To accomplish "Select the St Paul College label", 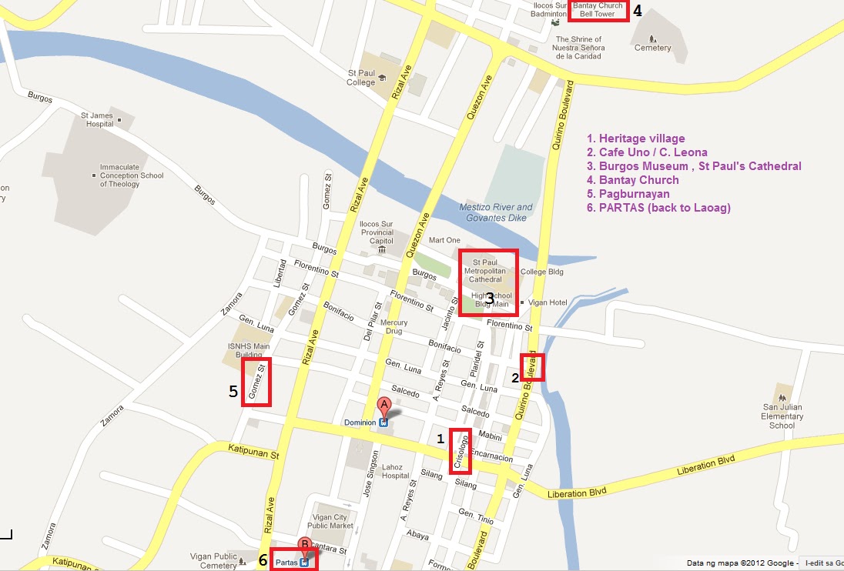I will [360, 78].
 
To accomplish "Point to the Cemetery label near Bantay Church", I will [652, 48].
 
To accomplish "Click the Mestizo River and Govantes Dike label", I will [496, 212].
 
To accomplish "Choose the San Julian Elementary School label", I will [782, 416].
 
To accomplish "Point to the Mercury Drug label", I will [394, 327].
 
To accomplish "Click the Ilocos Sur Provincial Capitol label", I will [377, 232].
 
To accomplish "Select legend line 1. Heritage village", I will [635, 139].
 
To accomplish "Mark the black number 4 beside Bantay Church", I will [637, 11].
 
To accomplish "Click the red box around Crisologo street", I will [461, 451].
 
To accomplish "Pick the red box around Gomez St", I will [256, 382].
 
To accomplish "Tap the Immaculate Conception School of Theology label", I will [131, 175].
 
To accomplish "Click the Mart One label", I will [444, 240].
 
